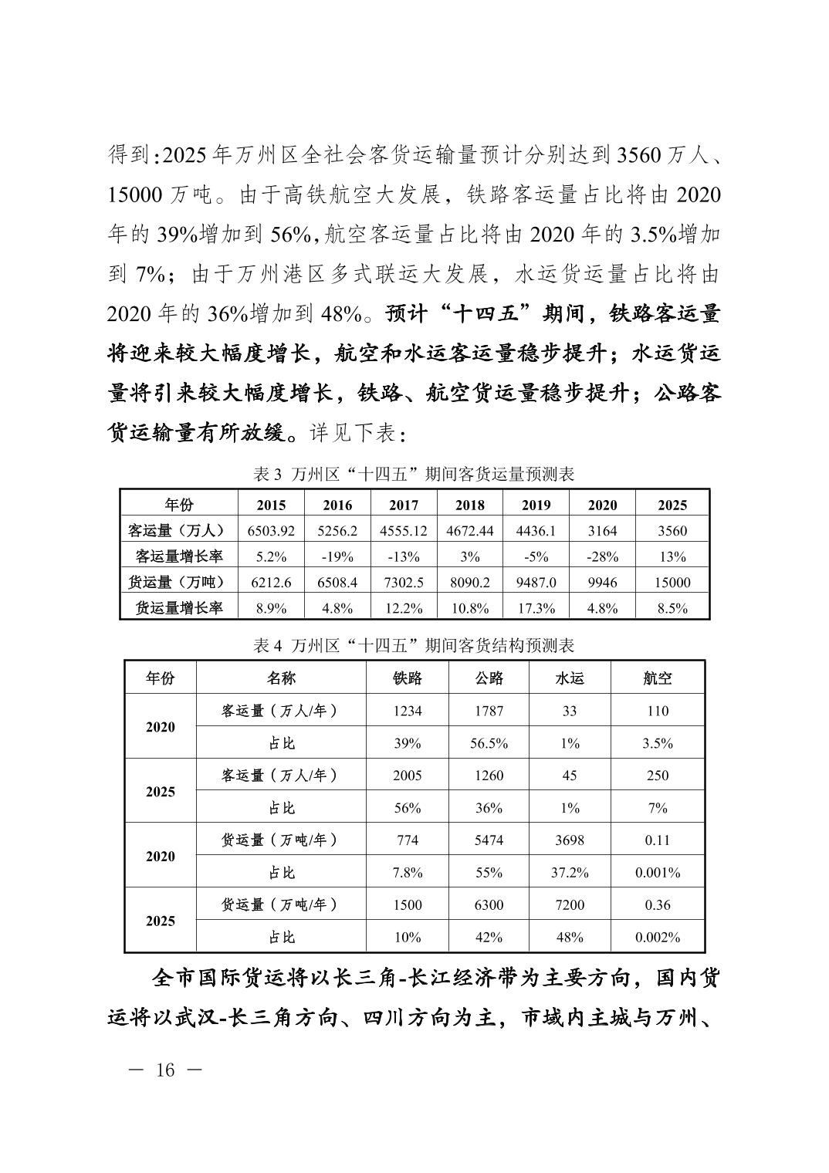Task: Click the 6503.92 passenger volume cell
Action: coord(270,531)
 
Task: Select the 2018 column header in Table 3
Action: coord(469,505)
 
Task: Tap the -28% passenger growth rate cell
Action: coord(602,556)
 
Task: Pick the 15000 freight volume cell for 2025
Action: coord(672,583)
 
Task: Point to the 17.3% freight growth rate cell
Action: coord(536,608)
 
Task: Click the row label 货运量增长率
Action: coord(179,608)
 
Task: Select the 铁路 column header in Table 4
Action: coord(407,678)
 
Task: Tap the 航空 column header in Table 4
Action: coord(658,678)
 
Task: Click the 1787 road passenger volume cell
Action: coord(489,711)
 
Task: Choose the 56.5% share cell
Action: coord(489,743)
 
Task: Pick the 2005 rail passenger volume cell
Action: coord(407,776)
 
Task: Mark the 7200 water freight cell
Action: coord(569,904)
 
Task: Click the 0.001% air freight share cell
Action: coord(658,873)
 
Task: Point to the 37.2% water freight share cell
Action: coord(569,873)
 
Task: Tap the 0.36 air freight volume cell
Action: coord(658,904)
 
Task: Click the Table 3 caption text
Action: coord(414,474)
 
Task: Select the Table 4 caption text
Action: coord(414,645)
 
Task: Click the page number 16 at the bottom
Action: coord(165,1070)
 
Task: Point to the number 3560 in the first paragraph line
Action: coord(638,154)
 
